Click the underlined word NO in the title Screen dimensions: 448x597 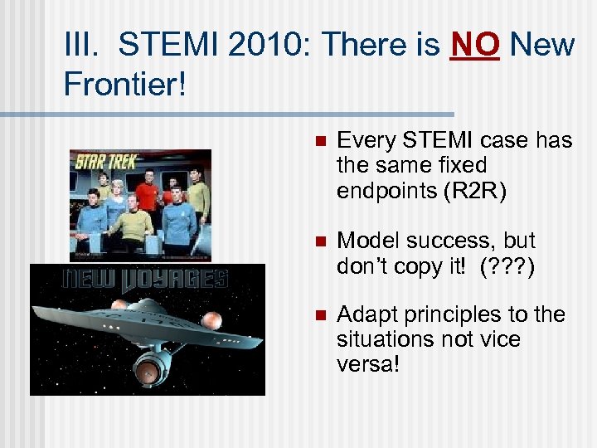pyautogui.click(x=475, y=46)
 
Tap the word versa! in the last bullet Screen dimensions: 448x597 pyautogui.click(x=368, y=364)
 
